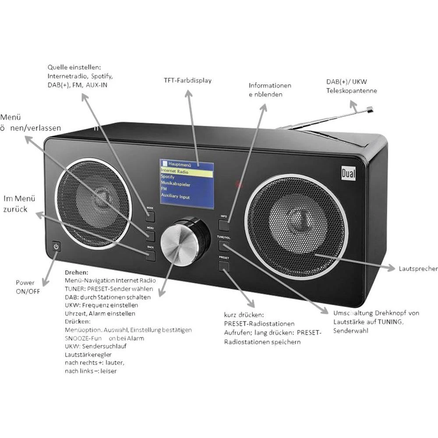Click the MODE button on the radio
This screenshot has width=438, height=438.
[x=151, y=215]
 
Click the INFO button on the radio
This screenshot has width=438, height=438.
[x=224, y=225]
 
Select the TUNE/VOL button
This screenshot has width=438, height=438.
[x=224, y=245]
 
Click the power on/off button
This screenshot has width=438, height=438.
[x=56, y=247]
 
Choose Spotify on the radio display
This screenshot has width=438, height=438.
[x=168, y=177]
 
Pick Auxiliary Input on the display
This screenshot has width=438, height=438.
[x=176, y=197]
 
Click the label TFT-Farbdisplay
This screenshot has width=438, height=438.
[x=187, y=80]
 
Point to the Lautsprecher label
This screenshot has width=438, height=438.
[x=418, y=268]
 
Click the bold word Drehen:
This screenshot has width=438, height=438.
[x=76, y=272]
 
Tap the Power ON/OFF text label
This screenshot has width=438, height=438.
[x=28, y=287]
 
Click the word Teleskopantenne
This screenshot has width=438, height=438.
[x=352, y=91]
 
